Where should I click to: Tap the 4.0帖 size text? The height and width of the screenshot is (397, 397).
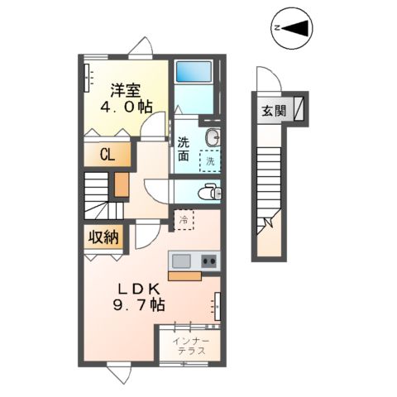coord(126,107)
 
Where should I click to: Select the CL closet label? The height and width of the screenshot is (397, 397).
coord(107,154)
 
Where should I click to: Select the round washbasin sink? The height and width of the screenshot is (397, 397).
coord(211,136)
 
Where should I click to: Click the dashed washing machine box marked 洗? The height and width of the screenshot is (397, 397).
coord(209,160)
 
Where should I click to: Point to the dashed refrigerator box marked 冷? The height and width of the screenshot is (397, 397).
coord(184,220)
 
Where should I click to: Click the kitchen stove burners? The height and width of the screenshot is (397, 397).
coord(208,262)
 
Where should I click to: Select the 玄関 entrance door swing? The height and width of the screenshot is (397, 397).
coord(266,81)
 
